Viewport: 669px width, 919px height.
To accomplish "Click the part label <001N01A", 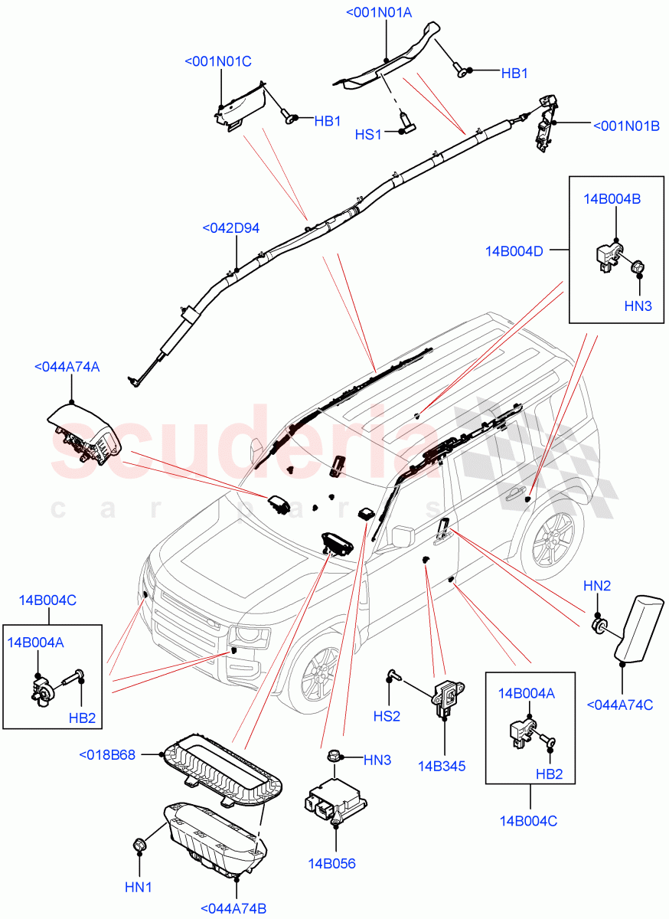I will pos(379,12).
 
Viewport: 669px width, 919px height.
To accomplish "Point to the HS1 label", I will pos(368,135).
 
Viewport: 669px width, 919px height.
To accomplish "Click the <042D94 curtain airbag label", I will pos(230,228).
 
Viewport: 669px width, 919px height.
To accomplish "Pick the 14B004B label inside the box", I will pos(612,199).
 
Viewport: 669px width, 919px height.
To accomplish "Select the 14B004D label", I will pos(514,250).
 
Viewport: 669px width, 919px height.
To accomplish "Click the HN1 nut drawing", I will pos(140,845).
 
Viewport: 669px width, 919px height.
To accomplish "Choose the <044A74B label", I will pos(233,908).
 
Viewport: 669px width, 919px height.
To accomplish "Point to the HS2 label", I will pos(387,716).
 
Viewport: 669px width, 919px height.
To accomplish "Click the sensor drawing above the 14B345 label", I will pos(445,699).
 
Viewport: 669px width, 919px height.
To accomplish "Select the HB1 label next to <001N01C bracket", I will pos(327,121).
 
